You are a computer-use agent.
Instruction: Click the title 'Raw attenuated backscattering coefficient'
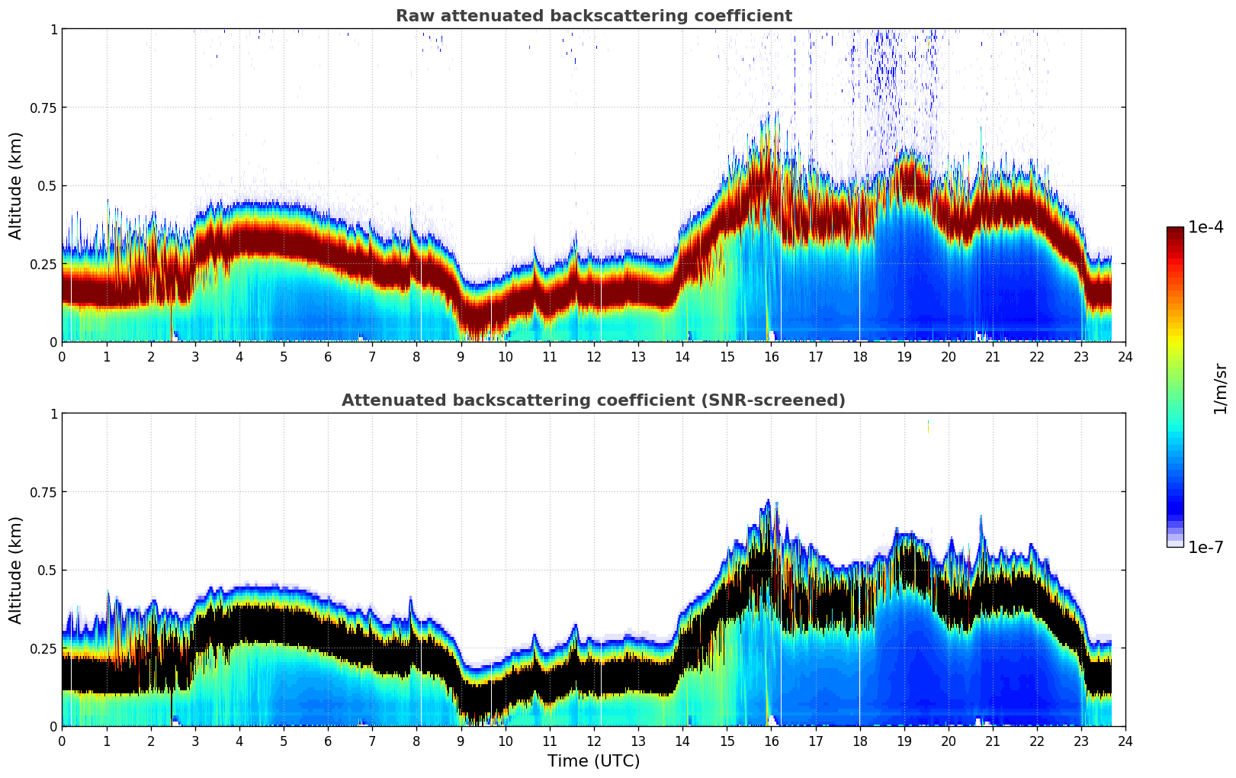593,16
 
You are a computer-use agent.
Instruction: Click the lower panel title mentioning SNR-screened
593,400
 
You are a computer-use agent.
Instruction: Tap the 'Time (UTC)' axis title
593,761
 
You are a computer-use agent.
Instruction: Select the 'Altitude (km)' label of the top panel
16,185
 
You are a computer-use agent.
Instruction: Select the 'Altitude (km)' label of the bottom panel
16,570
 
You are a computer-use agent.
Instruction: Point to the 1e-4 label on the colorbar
1206,227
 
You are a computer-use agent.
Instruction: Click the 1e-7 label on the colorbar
1206,547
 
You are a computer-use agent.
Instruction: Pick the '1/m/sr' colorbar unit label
1220,388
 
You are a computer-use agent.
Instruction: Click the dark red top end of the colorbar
1175,231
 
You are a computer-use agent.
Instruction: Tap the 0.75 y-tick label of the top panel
43,108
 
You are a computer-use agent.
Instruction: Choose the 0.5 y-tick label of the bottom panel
47,570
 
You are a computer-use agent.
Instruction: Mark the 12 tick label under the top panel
593,356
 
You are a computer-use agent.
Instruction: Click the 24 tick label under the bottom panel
1125,741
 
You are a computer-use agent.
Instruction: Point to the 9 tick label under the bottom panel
461,741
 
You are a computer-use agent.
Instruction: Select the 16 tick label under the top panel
771,356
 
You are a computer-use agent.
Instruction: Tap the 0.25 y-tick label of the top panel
43,264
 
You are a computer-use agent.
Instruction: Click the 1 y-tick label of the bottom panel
53,413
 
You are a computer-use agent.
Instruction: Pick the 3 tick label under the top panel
195,356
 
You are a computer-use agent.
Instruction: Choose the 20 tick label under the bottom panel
948,741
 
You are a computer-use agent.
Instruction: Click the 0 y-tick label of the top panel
53,342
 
